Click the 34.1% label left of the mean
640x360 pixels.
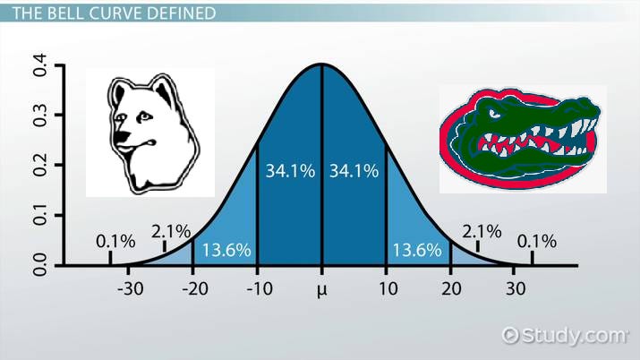pyautogui.click(x=290, y=172)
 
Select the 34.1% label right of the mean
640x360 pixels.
pyautogui.click(x=354, y=172)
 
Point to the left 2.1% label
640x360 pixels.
pyautogui.click(x=170, y=232)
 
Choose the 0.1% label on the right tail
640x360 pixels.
pyautogui.click(x=537, y=241)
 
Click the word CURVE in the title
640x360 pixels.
pyautogui.click(x=115, y=13)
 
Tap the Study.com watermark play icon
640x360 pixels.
pyautogui.click(x=511, y=335)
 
